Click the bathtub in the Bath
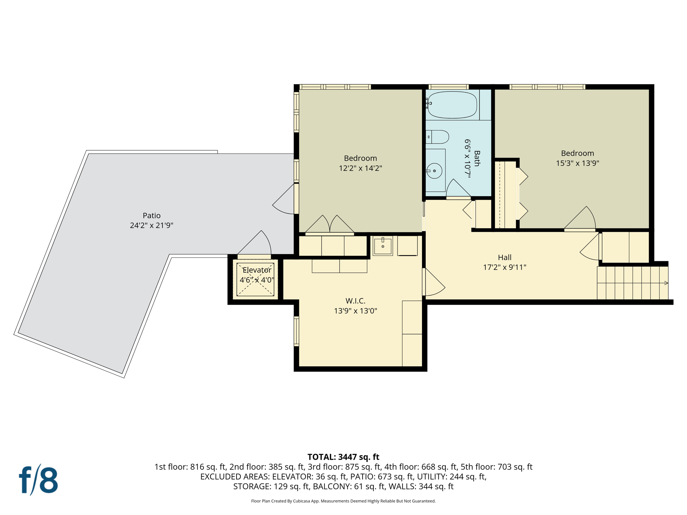[452, 105]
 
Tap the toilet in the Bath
[438, 137]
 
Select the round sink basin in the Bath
[434, 171]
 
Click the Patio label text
[152, 216]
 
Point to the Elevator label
[257, 270]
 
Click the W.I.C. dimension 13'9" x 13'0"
[355, 311]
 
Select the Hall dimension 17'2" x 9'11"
[505, 267]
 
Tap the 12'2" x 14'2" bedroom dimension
[360, 168]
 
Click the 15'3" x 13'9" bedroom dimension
[577, 163]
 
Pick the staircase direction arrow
[666, 283]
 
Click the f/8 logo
[38, 480]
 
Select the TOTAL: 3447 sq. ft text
[343, 457]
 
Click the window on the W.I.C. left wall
[296, 331]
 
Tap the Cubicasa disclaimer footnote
[343, 501]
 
